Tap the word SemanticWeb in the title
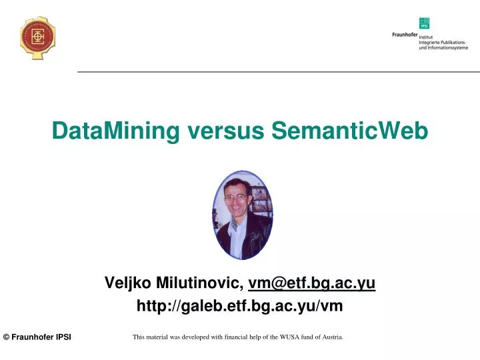349,130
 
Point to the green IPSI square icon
424,23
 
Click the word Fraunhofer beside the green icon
405,34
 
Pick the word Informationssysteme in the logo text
451,48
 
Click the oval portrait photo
243,215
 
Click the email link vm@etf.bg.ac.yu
311,283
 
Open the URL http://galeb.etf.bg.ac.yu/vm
239,306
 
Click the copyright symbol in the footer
6,337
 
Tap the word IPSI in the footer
63,337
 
